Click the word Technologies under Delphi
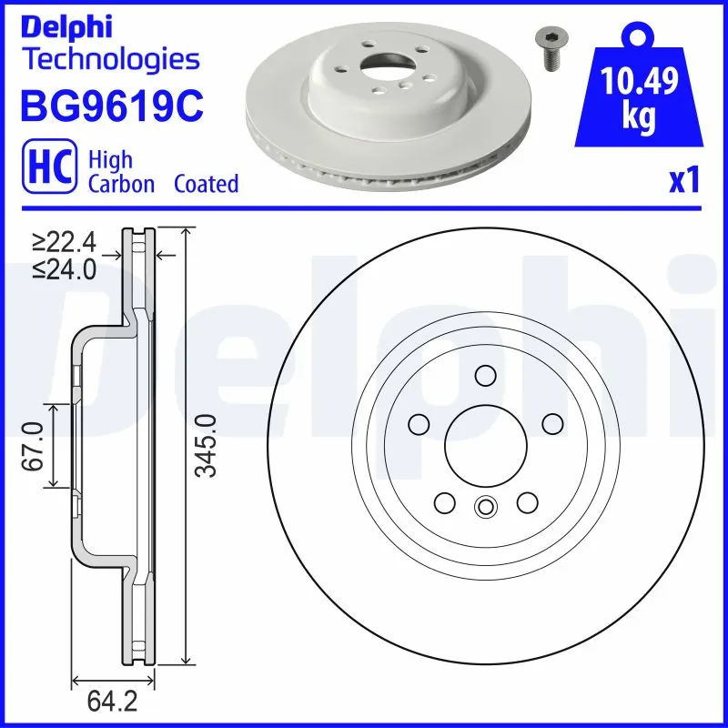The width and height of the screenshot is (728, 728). pyautogui.click(x=109, y=60)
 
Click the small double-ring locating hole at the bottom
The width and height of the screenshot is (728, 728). pyautogui.click(x=485, y=508)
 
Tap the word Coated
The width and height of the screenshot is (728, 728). pyautogui.click(x=207, y=184)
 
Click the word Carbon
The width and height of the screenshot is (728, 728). pyautogui.click(x=122, y=184)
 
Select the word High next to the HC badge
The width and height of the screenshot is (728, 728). pyautogui.click(x=110, y=159)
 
